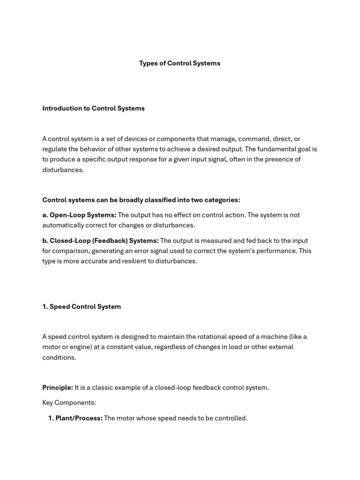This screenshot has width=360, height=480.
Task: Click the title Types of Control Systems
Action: [x=180, y=63]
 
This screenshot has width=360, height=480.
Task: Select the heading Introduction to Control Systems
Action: [x=93, y=108]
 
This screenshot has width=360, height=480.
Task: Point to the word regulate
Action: [x=55, y=149]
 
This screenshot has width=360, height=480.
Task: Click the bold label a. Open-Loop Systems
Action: [x=79, y=215]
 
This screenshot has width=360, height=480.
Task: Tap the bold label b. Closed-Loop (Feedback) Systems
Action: [x=100, y=240]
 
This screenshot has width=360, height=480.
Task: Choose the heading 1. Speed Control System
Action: [x=82, y=307]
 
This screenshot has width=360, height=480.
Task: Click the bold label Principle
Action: [x=57, y=388]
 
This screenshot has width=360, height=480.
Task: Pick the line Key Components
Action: [x=69, y=403]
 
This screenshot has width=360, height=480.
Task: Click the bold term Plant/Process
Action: [x=79, y=418]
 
